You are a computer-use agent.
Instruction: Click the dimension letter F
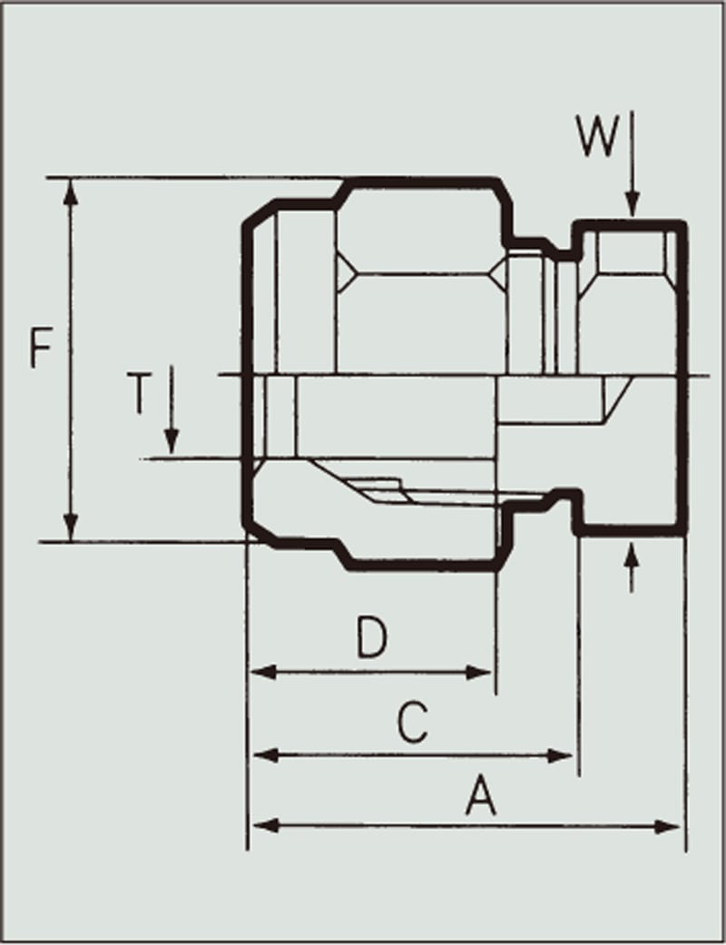pyautogui.click(x=41, y=349)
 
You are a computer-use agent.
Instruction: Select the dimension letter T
pyautogui.click(x=140, y=393)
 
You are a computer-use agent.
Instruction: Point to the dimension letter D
pyautogui.click(x=372, y=637)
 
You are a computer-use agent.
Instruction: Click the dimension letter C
pyautogui.click(x=413, y=721)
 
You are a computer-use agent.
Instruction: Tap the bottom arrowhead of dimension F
pyautogui.click(x=71, y=527)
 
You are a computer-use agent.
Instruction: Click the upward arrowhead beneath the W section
pyautogui.click(x=632, y=556)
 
